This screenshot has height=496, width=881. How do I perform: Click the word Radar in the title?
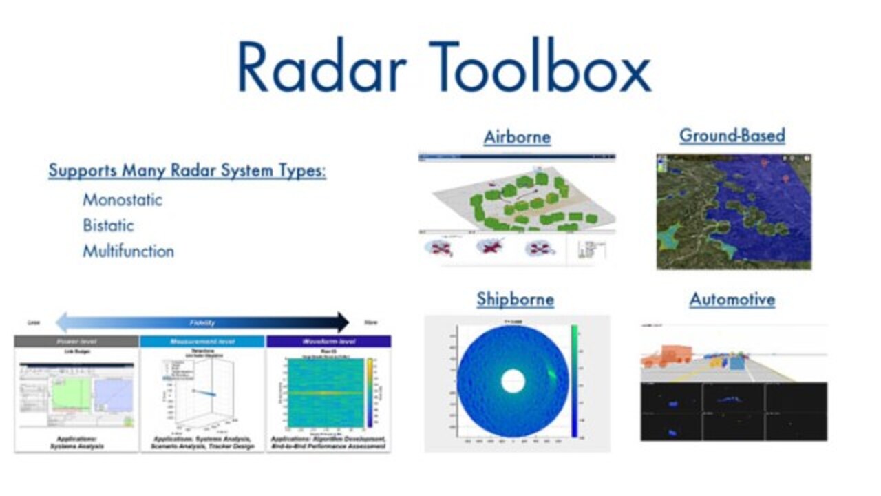(322, 67)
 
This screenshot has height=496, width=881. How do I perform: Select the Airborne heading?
(517, 136)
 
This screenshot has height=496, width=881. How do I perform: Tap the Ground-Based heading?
(732, 136)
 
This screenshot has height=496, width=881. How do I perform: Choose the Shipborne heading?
(515, 300)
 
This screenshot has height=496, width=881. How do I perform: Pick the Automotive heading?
(732, 300)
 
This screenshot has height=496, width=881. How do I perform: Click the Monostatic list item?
(123, 200)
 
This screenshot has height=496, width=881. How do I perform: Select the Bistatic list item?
(108, 225)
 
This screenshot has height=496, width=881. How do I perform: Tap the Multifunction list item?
(128, 251)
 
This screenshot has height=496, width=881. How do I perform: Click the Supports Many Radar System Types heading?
(187, 170)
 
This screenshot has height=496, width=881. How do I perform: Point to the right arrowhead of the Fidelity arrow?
(343, 322)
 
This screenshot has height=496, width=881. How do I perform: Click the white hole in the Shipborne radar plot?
(512, 381)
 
